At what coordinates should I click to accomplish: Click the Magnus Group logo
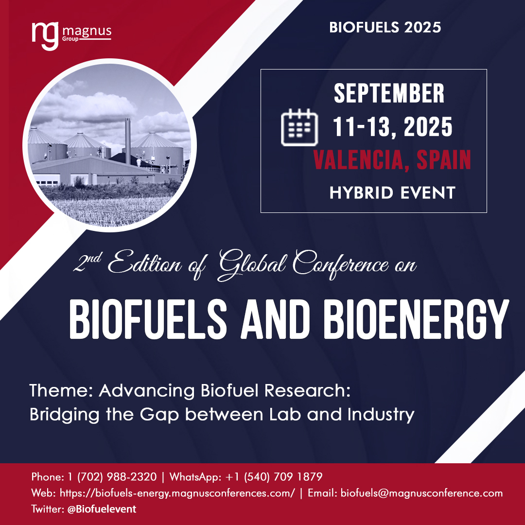tap(71, 36)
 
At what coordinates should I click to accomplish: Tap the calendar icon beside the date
tap(299, 127)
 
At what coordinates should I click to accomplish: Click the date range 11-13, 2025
tap(392, 127)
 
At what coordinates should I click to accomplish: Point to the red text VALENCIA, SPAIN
tap(392, 160)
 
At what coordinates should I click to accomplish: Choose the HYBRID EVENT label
tap(392, 193)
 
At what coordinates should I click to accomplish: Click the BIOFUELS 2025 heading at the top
tap(385, 27)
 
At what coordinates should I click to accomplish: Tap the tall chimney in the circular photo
tap(127, 141)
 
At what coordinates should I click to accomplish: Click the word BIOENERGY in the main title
tap(416, 319)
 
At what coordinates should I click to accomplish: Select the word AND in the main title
tap(275, 319)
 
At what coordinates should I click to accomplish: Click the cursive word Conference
tap(340, 264)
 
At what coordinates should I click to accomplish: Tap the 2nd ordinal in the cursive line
tap(87, 262)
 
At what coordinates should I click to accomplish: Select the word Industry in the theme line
tap(381, 415)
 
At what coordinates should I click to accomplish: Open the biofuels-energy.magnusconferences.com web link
tap(177, 493)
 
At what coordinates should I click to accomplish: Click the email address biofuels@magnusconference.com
tap(421, 493)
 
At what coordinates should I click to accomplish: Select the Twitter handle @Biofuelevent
tap(102, 509)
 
